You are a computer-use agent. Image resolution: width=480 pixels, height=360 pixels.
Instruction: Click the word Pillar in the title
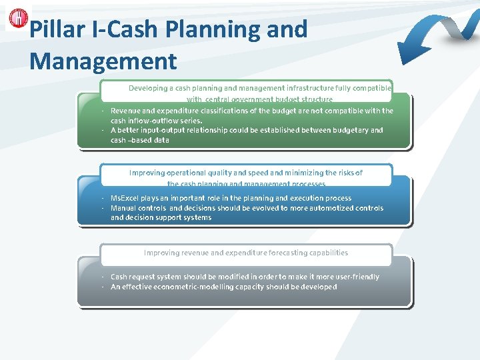pos(55,29)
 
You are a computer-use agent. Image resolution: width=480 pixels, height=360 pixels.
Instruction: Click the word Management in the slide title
pos(103,61)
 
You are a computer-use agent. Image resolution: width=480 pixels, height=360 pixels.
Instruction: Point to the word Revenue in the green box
pos(127,111)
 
